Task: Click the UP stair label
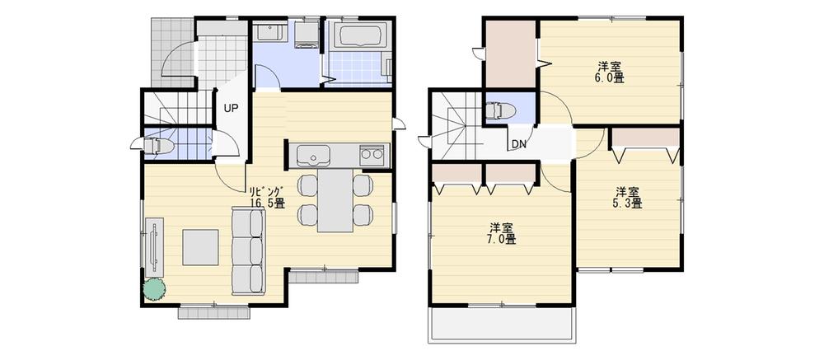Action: [232, 108]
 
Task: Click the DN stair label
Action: [519, 145]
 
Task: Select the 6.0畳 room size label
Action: [610, 78]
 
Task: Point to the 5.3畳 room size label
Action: [628, 202]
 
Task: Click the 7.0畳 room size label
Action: [501, 240]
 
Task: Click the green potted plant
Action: [153, 289]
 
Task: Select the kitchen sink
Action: [313, 155]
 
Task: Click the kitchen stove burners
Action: [372, 155]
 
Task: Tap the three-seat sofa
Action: [249, 250]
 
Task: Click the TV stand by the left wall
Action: [155, 245]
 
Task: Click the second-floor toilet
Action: [499, 110]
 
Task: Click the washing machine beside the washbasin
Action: [305, 35]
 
